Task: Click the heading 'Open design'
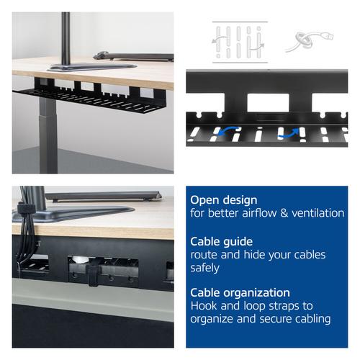224,200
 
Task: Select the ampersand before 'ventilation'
284,213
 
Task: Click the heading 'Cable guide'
221,241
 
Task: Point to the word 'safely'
204,268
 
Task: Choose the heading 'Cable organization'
240,293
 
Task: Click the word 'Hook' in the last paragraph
204,306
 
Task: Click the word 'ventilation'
318,213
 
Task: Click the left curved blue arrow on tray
228,132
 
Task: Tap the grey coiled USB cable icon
309,41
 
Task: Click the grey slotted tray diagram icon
240,42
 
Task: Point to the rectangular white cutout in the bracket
268,102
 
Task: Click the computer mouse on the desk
101,55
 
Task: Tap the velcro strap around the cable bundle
26,208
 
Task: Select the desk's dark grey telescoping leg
48,135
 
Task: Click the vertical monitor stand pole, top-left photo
66,38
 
